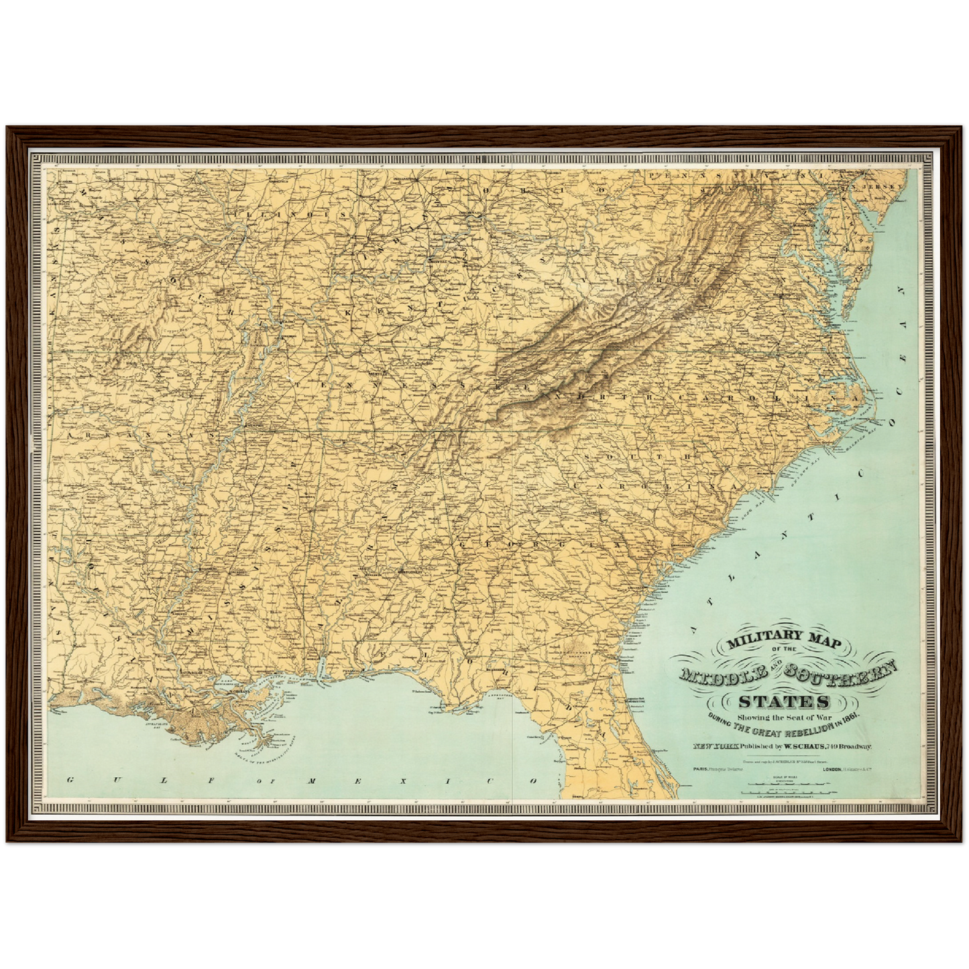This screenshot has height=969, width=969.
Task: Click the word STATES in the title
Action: (x=783, y=702)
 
